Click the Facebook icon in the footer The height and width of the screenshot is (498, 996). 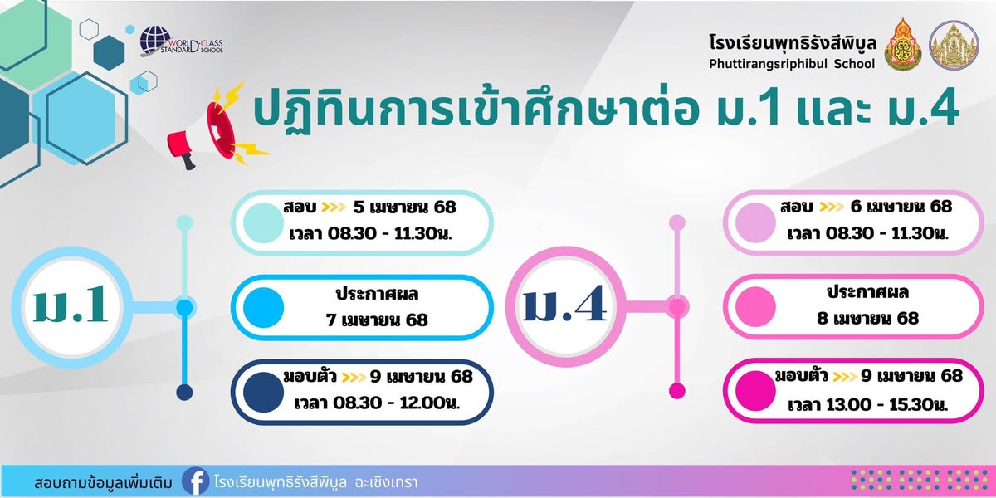(196, 481)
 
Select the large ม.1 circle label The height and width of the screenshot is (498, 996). (71, 307)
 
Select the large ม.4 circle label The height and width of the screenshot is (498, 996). (565, 306)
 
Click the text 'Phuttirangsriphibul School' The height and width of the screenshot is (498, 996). (792, 64)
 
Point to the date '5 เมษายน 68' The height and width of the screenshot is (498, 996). (405, 207)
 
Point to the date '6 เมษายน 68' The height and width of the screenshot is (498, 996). (901, 207)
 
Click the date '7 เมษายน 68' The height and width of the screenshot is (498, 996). (377, 320)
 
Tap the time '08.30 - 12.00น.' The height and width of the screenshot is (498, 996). (396, 403)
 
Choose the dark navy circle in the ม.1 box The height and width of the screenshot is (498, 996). (263, 392)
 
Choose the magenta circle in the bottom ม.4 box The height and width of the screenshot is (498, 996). (755, 391)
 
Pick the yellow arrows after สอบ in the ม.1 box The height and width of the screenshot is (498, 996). (334, 207)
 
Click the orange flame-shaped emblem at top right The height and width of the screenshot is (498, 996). (903, 45)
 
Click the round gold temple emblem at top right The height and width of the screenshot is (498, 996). (954, 45)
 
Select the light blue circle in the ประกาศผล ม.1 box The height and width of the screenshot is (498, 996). (263, 308)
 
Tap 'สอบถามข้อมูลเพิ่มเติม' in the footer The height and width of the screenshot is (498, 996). (103, 483)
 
